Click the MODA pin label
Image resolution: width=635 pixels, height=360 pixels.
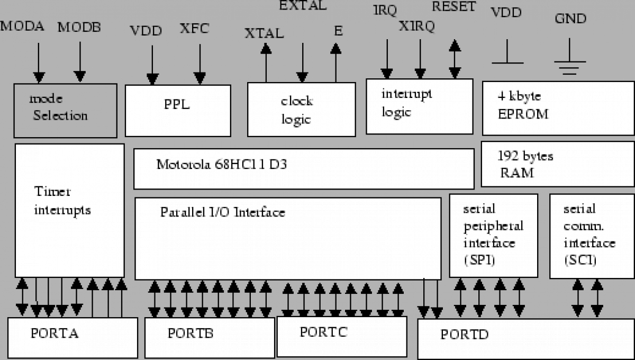coord(22,26)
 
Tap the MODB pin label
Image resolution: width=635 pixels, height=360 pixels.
coord(79,27)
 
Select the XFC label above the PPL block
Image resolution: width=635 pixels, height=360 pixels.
coord(194,28)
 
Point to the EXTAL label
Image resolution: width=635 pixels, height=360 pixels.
coord(303,6)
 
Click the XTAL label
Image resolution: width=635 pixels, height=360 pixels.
coord(264,33)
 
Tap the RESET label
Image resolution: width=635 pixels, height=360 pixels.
coord(454,7)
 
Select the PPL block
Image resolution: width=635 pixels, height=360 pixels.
coord(178,110)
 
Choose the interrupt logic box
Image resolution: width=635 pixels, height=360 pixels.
coord(420,106)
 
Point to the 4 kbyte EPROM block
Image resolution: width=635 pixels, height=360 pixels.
coord(558,108)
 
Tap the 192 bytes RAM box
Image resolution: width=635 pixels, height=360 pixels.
coord(557,164)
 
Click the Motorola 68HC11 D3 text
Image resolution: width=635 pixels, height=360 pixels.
coord(222,164)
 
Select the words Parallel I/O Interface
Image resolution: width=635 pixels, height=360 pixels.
coord(222,212)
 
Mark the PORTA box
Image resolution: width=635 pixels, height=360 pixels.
coord(72,337)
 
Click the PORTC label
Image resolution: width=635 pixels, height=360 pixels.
coord(323,332)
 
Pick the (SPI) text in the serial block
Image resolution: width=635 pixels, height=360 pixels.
coord(479,260)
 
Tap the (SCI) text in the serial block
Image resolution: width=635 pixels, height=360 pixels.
coord(580,260)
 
